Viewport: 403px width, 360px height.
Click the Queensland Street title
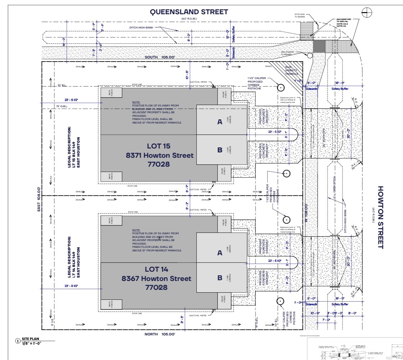click(188, 12)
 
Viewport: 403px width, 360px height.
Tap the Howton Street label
click(381, 217)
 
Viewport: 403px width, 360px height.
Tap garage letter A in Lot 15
click(219, 122)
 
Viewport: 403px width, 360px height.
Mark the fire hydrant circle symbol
click(309, 55)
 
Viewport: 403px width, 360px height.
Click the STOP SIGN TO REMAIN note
click(300, 16)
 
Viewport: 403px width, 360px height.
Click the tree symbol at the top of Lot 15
click(280, 88)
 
